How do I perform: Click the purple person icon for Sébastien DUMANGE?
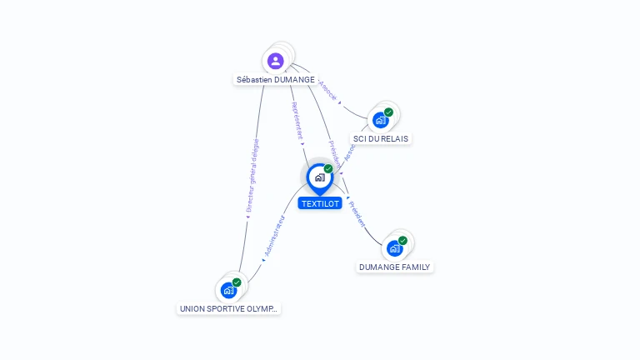click(x=276, y=60)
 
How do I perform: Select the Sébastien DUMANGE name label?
click(x=276, y=80)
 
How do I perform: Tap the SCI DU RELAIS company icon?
click(x=380, y=120)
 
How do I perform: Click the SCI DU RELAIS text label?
click(x=382, y=138)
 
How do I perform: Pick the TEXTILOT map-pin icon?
click(x=319, y=177)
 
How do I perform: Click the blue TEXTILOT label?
click(x=321, y=203)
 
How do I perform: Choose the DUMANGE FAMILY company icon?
click(x=394, y=248)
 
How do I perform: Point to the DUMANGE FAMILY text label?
click(x=395, y=267)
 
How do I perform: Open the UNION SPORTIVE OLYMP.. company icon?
click(x=228, y=290)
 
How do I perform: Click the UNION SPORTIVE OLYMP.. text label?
click(x=230, y=308)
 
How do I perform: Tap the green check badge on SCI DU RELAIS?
click(x=388, y=112)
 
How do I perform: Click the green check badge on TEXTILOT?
click(x=328, y=169)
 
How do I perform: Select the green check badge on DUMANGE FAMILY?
click(x=402, y=241)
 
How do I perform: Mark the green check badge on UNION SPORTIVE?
click(x=237, y=282)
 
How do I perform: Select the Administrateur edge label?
click(x=274, y=236)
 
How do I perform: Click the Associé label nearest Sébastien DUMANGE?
click(x=327, y=91)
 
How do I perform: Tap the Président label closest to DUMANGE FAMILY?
click(x=357, y=213)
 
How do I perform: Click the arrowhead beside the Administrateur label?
click(x=263, y=259)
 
